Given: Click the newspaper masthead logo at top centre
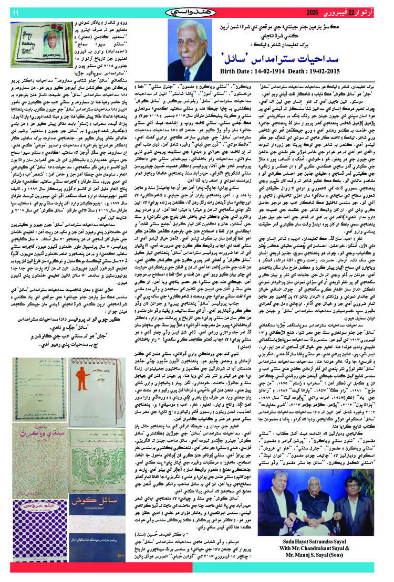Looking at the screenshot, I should click(198, 12).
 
